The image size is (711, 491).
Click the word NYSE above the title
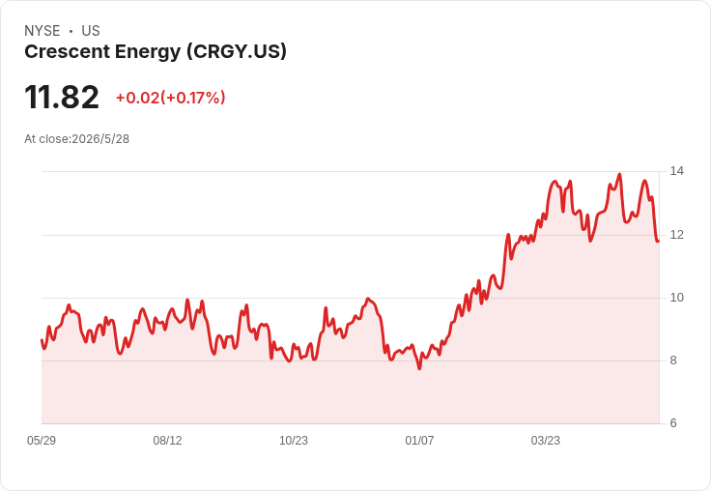coord(43,31)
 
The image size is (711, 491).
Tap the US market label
coord(91,31)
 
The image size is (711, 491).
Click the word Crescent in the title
coord(67,51)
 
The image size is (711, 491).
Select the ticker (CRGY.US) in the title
coord(237,52)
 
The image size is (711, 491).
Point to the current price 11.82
coord(62,97)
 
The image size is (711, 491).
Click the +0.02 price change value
coord(138,98)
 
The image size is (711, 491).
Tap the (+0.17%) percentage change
coord(193,98)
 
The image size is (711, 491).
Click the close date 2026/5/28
coord(100,139)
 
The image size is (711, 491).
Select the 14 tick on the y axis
coord(676,171)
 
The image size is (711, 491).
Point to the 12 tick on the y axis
coord(676,235)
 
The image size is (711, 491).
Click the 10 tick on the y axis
coord(676,298)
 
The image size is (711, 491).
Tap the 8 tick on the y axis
coord(673,361)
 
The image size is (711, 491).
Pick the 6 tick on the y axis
coord(673,423)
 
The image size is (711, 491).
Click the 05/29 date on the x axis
coord(42,441)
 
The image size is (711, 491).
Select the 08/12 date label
coord(167,441)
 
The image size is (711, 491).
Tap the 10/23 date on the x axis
coord(294,441)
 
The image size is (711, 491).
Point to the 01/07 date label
coord(419,441)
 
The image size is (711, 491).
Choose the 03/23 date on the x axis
coord(546,441)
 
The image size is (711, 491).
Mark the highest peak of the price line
coord(620,174)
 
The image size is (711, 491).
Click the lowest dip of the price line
coord(419,368)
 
